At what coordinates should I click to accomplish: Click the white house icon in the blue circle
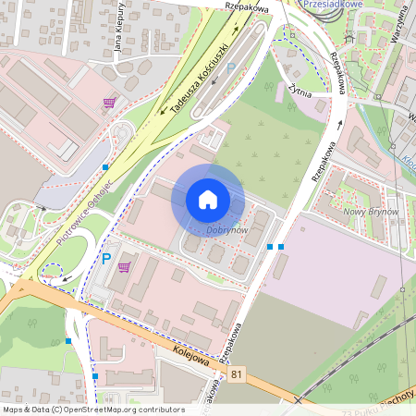208,200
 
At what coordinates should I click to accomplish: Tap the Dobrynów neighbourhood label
226,229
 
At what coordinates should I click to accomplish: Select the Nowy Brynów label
372,212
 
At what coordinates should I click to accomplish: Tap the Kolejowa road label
190,354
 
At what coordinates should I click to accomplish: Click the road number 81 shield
239,373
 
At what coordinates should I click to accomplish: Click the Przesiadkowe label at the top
334,4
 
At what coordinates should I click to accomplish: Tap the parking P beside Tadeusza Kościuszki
231,67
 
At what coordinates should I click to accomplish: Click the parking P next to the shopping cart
106,259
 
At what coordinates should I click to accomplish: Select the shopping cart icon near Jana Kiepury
110,102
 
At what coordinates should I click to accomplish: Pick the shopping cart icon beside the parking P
124,266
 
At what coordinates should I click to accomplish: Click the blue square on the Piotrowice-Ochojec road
106,167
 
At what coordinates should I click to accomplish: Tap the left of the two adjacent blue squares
270,247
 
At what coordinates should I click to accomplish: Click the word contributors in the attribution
161,410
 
